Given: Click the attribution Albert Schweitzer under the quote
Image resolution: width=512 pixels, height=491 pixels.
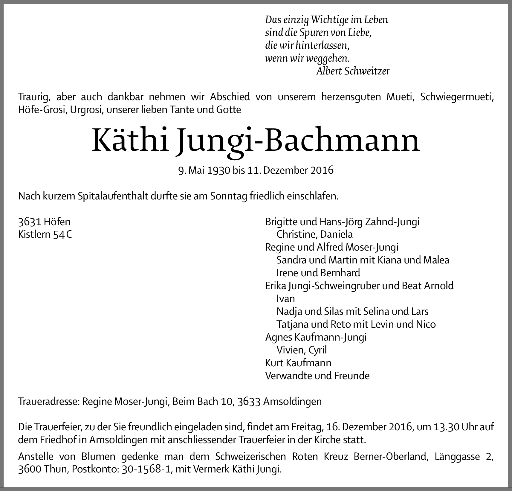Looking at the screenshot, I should coord(353,71).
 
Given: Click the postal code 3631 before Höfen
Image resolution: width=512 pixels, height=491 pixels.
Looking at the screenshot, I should coord(30,222).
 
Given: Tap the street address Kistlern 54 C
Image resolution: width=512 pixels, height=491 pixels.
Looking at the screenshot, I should coord(45,234).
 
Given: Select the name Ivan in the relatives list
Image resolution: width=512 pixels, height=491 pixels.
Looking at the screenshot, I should coord(286,298).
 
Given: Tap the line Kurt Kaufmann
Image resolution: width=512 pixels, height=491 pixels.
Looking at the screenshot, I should coord(298,363).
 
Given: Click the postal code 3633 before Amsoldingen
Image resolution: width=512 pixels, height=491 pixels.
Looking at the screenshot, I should coord(249,401).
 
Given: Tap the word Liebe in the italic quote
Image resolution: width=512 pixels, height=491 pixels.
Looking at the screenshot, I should coord(360,33).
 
